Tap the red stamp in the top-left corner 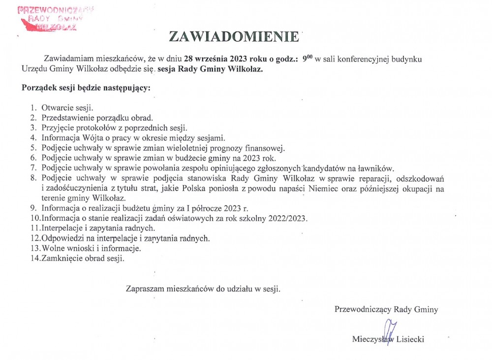(x=55, y=18)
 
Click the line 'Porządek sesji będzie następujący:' (x=86, y=88)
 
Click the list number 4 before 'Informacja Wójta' (x=33, y=138)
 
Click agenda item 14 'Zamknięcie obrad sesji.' (x=83, y=258)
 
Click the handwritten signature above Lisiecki (x=390, y=329)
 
